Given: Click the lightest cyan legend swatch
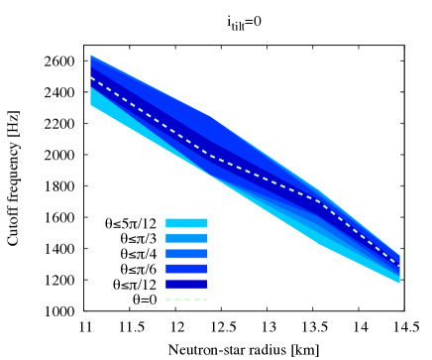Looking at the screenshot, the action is click(x=186, y=223).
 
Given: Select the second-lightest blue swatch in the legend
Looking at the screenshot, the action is click(x=186, y=238).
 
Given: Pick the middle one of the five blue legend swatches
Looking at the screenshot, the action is click(x=186, y=254).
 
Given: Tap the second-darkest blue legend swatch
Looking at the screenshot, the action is click(x=186, y=269).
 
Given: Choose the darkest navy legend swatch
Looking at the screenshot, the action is click(x=186, y=284).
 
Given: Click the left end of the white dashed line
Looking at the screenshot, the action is click(x=91, y=77).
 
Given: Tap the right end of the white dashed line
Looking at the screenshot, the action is click(x=399, y=265).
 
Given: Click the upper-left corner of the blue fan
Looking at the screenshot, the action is click(x=91, y=56).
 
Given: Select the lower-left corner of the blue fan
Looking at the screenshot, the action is click(x=91, y=103).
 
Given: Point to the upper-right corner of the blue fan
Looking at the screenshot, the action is click(x=399, y=254).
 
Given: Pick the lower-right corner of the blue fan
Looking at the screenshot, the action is click(x=399, y=284).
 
